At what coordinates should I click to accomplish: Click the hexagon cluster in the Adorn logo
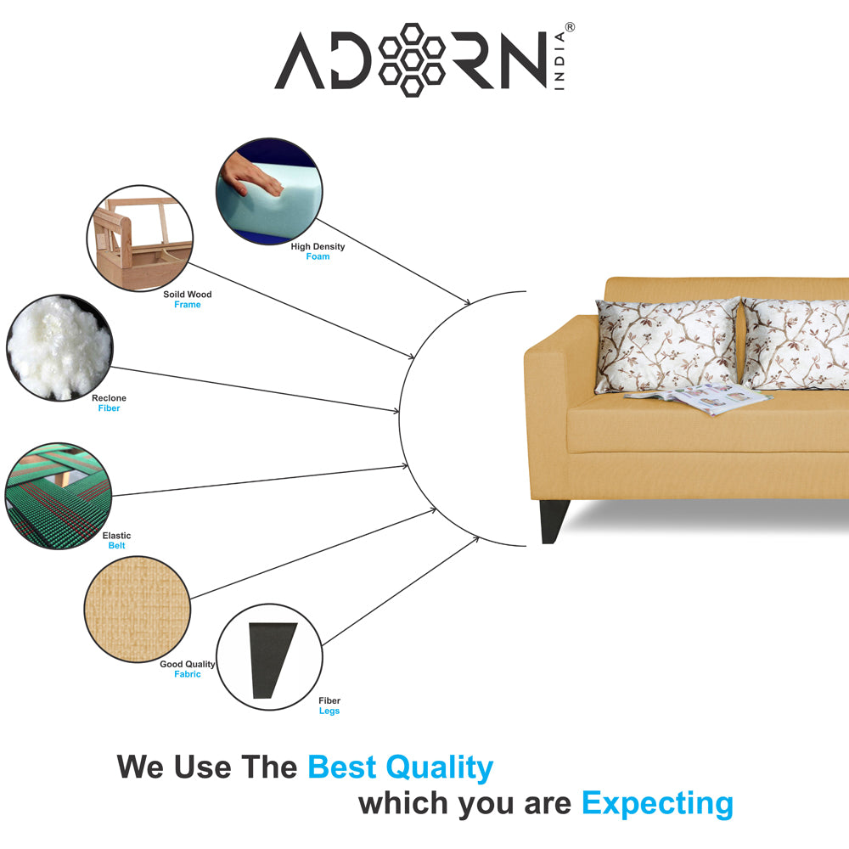[412, 59]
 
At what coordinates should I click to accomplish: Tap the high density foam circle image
[269, 192]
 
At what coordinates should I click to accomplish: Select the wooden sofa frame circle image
[140, 239]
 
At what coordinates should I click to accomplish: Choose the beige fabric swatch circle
[137, 609]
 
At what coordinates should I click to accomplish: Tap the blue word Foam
[318, 256]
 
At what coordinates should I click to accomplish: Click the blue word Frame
[188, 305]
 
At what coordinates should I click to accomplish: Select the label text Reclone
[109, 398]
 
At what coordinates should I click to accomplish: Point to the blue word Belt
[116, 546]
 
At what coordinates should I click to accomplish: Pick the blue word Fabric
[188, 674]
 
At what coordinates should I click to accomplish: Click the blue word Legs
[329, 711]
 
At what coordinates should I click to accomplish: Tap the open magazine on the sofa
[694, 396]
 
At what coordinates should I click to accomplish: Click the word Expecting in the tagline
[657, 802]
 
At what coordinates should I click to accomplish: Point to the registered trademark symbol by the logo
[570, 28]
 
